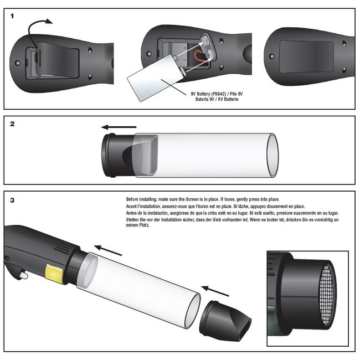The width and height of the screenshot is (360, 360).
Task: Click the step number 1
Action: pos(13,16)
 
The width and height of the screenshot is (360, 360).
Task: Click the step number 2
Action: pos(13,124)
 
